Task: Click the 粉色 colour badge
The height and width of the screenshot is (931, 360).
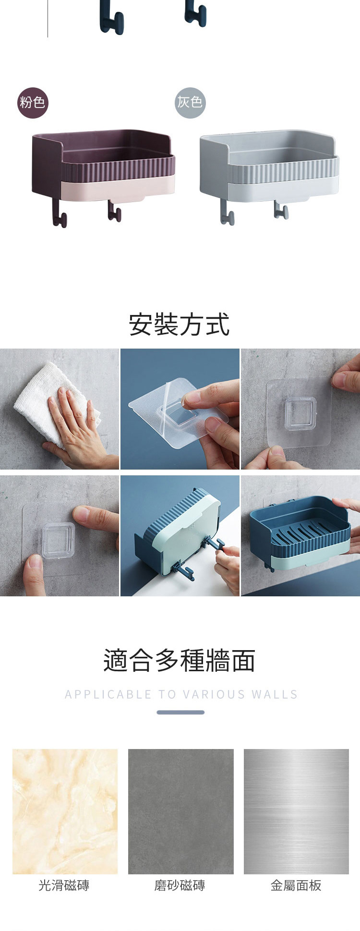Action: [33, 103]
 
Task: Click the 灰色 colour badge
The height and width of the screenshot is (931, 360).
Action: [190, 103]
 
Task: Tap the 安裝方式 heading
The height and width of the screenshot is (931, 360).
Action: [180, 325]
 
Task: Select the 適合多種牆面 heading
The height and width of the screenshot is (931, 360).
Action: [180, 660]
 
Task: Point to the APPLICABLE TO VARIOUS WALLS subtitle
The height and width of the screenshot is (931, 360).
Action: [181, 694]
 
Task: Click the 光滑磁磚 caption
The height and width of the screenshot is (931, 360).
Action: [64, 885]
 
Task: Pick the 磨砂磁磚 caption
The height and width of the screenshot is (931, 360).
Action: [180, 885]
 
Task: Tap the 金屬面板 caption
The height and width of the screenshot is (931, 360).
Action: [296, 885]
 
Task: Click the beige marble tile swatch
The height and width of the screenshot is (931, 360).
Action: [65, 811]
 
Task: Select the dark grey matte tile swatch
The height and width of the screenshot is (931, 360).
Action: [181, 811]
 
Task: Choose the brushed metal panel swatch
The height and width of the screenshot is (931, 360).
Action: [297, 811]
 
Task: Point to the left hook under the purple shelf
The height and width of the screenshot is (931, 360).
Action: [59, 213]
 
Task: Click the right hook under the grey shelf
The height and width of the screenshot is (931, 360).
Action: [281, 209]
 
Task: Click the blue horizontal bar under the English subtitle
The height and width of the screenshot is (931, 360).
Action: [180, 712]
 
